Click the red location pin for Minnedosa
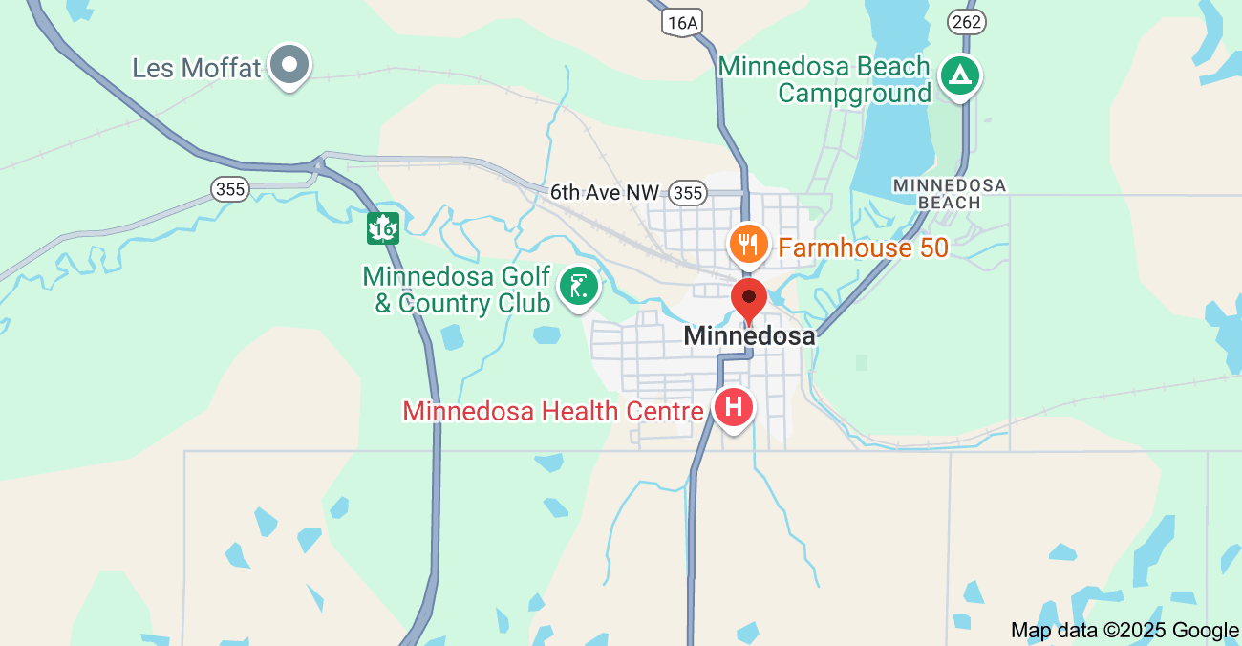tap(748, 299)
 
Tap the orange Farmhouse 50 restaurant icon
tap(749, 244)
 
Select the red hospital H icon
tap(733, 407)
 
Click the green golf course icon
tap(578, 286)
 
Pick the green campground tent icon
tap(959, 75)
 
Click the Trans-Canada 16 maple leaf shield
tap(383, 228)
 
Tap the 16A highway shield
tap(684, 22)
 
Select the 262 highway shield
tap(966, 21)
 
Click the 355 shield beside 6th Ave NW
tap(687, 193)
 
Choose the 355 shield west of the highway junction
tap(230, 189)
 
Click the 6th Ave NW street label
tap(604, 193)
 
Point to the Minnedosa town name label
tap(749, 336)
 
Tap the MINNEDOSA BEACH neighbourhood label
tap(949, 193)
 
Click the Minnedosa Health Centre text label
tap(553, 412)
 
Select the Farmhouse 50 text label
tap(863, 248)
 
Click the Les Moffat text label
tap(196, 69)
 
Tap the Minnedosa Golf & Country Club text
tap(457, 291)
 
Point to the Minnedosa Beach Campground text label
tap(824, 79)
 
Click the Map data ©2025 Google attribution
tap(1124, 630)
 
